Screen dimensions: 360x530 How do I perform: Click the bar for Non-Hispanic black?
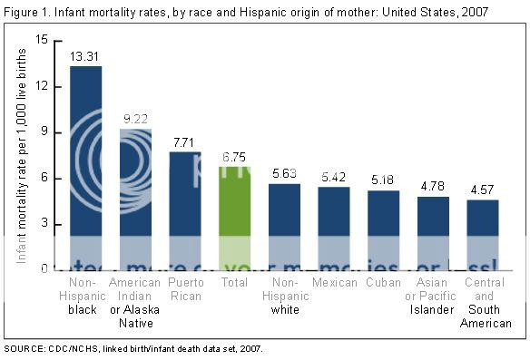coord(85,169)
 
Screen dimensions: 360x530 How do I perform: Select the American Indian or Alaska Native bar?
coord(134,199)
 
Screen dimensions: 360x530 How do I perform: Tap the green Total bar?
coord(233,219)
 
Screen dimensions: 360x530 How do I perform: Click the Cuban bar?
coord(382,230)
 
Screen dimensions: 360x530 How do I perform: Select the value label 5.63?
coord(283,171)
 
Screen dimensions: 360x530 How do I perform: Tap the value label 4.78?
coord(432,185)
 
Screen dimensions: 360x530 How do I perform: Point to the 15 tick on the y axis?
coord(41,41)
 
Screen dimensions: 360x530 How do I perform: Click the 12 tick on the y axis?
coord(41,87)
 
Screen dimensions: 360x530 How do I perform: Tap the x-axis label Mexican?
coord(333,284)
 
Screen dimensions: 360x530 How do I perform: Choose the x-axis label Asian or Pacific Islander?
coord(432,295)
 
